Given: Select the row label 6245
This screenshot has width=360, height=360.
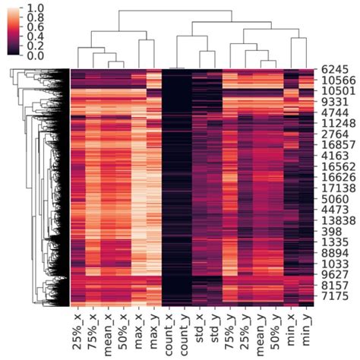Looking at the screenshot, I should coord(336,68).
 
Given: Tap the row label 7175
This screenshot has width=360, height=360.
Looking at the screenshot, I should coord(336,292).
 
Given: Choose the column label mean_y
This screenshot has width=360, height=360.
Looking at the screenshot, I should coord(258,334).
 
